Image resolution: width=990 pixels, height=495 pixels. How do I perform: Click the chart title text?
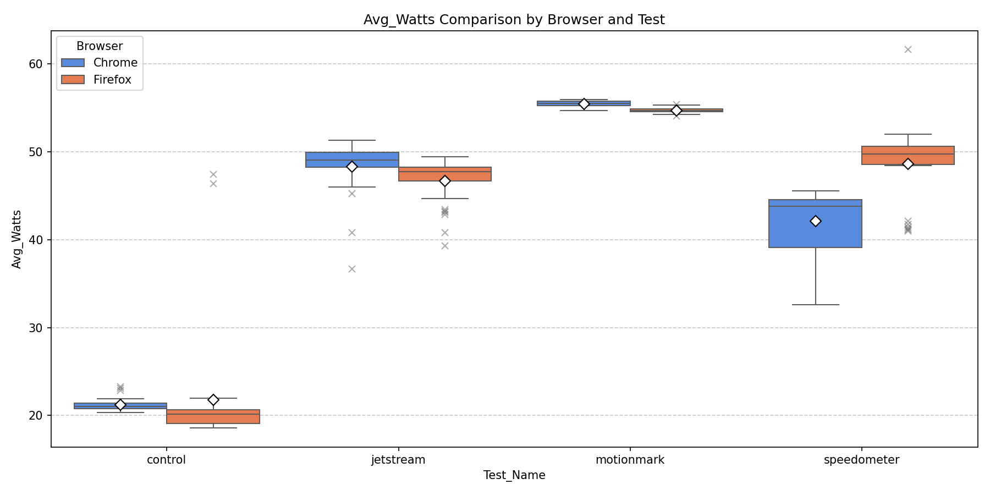(x=514, y=20)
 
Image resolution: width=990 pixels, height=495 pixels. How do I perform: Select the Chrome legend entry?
(x=115, y=63)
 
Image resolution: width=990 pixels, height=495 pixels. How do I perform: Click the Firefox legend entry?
(x=112, y=80)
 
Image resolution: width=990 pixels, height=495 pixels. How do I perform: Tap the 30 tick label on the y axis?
(x=35, y=328)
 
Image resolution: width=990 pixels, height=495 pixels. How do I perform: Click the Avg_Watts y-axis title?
(x=16, y=239)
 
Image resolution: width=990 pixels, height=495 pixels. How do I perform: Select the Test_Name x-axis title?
(x=514, y=475)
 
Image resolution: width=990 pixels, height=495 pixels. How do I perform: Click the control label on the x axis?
(x=166, y=460)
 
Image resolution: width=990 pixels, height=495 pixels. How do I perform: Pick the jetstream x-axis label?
(x=398, y=460)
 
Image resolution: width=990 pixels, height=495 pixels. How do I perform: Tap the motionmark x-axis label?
(x=630, y=460)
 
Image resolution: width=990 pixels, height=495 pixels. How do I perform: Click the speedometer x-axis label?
(x=861, y=460)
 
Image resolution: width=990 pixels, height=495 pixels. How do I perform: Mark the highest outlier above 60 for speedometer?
(x=908, y=50)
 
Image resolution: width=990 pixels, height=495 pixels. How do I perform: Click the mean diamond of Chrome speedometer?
(x=815, y=221)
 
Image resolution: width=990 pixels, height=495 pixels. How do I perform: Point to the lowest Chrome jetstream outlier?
(x=352, y=269)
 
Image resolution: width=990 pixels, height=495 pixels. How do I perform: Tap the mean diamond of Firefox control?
(x=213, y=400)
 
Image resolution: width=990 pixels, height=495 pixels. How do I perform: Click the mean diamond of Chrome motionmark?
(x=584, y=104)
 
